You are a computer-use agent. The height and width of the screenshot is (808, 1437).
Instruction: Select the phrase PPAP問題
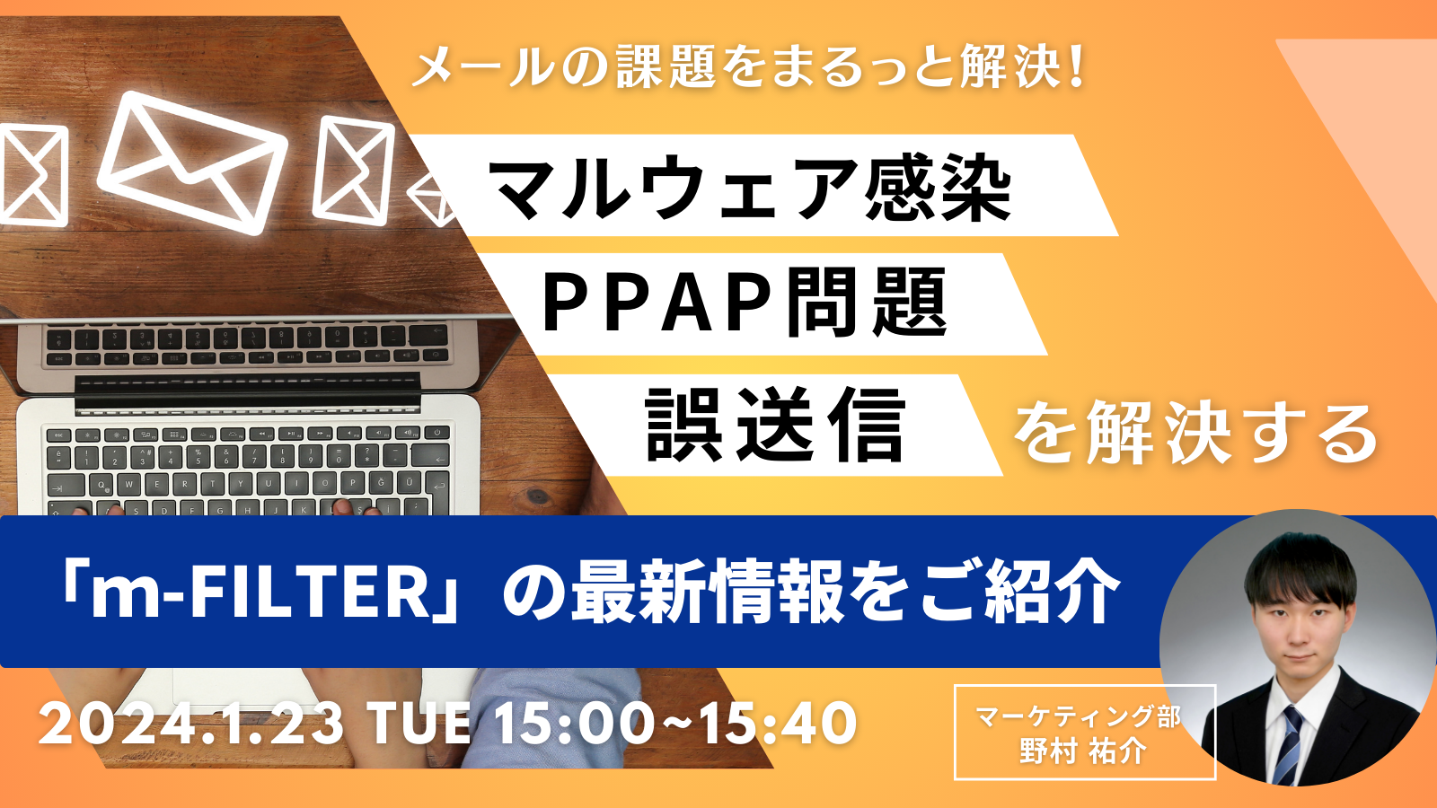pyautogui.click(x=745, y=303)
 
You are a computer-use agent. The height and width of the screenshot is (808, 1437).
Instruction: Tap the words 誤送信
pyautogui.click(x=775, y=426)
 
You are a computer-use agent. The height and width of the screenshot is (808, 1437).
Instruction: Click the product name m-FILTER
pyautogui.click(x=260, y=593)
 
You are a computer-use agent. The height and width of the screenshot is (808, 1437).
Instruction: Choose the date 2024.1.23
pyautogui.click(x=191, y=724)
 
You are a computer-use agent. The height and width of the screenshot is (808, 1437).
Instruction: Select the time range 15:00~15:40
pyautogui.click(x=674, y=724)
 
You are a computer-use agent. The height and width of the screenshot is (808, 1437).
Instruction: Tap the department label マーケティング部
pyautogui.click(x=1078, y=716)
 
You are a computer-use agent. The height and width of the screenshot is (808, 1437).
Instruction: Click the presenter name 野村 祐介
pyautogui.click(x=1083, y=751)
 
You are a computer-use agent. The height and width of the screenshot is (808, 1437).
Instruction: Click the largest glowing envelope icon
pyautogui.click(x=191, y=162)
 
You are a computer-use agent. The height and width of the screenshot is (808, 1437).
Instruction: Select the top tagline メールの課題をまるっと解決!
pyautogui.click(x=748, y=67)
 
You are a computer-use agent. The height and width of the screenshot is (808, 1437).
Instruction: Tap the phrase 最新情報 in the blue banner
pyautogui.click(x=710, y=593)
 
